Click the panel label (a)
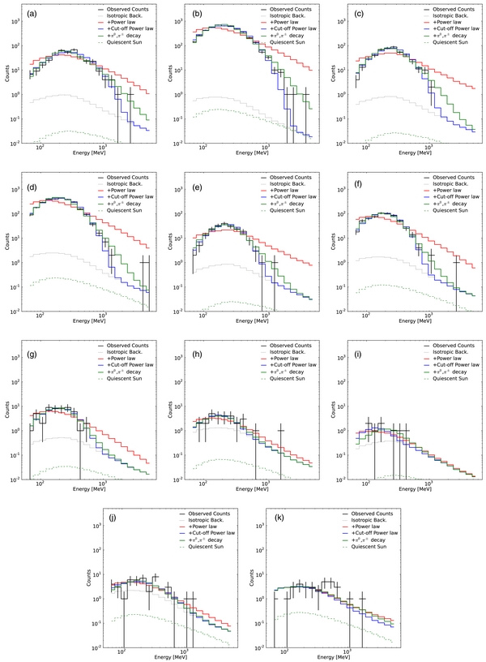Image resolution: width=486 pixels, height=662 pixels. coord(29,14)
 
